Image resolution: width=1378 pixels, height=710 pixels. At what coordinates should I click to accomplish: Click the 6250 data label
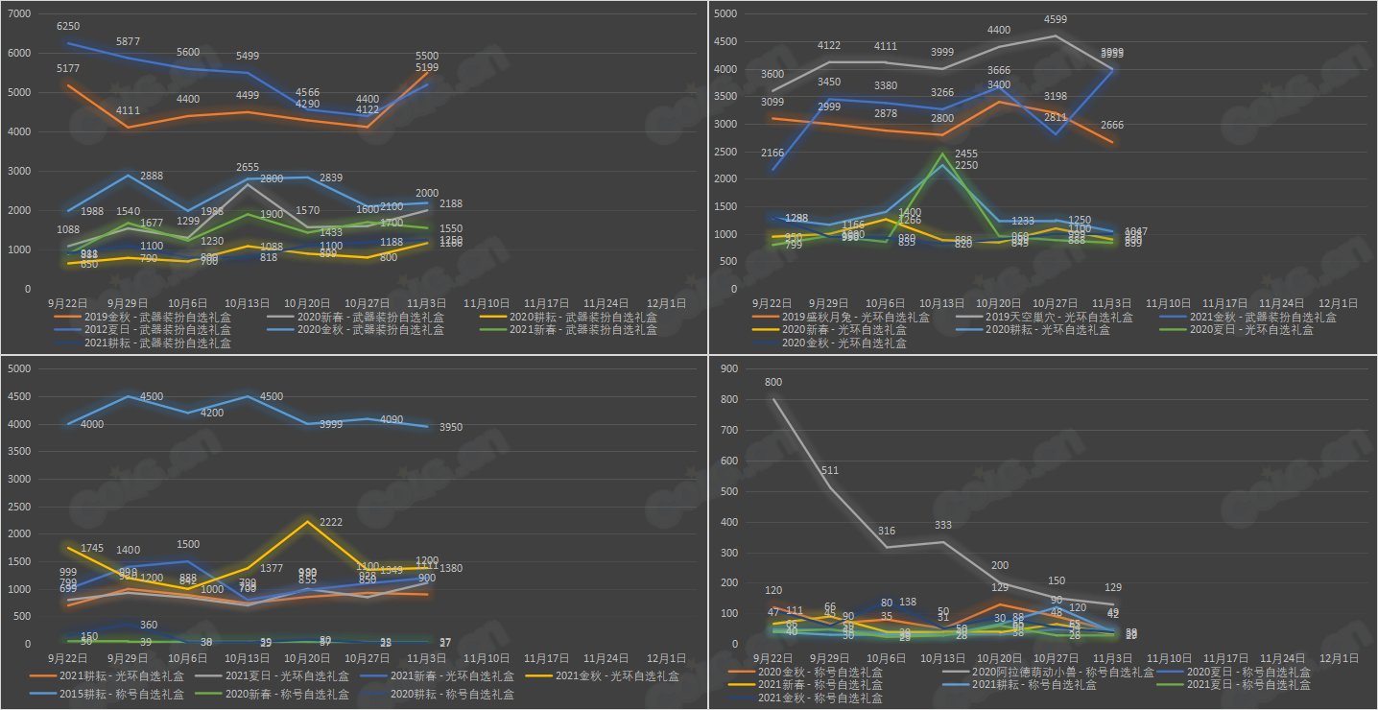pos(68,26)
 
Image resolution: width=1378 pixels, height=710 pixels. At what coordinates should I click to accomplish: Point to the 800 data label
pos(773,383)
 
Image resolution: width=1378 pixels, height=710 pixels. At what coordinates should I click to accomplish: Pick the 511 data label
pos(830,470)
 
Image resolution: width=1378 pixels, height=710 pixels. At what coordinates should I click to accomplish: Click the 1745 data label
pos(92,548)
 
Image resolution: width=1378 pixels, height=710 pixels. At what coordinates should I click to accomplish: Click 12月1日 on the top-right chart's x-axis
pos(1339,303)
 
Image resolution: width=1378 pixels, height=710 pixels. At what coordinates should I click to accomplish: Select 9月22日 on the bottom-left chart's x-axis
pos(67,659)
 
